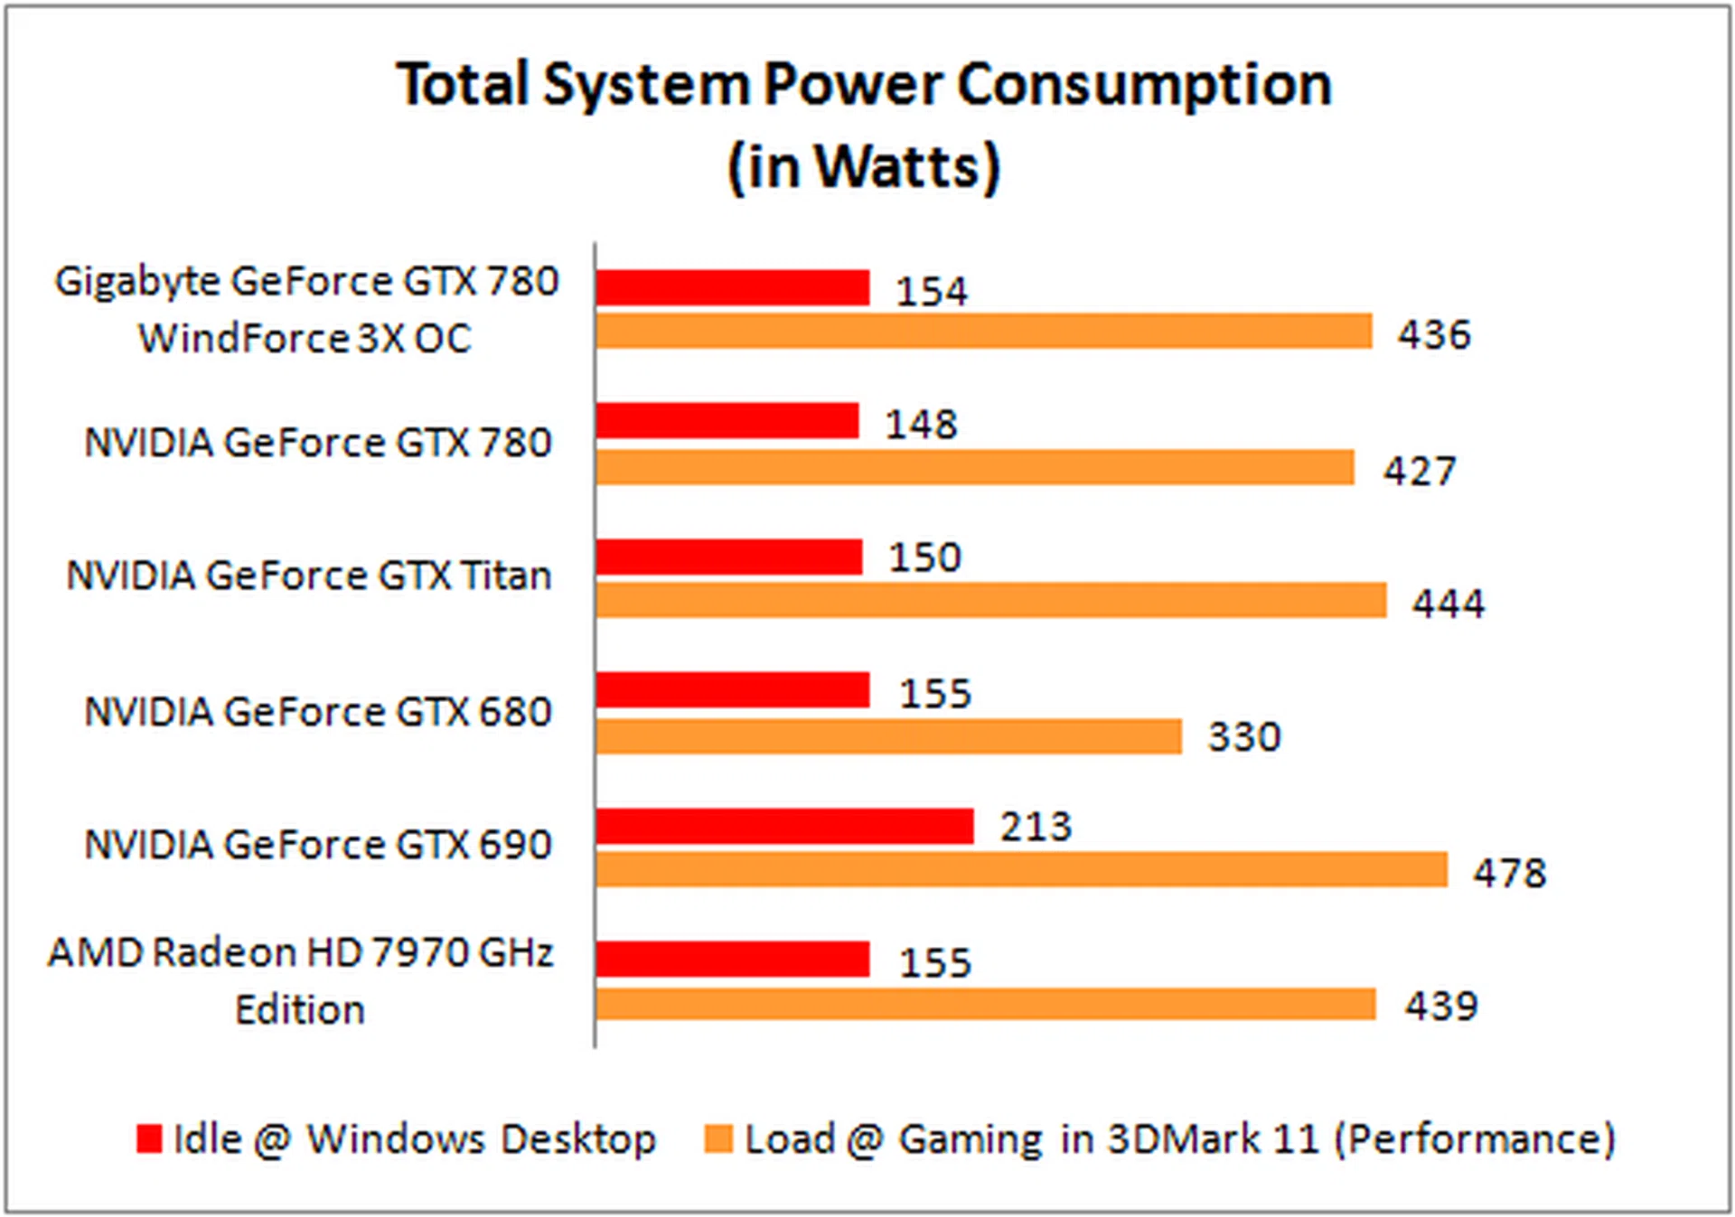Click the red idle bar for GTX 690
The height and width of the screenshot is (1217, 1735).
(784, 826)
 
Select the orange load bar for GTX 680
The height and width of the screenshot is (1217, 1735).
(888, 736)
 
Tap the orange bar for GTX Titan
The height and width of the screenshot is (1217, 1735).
(990, 601)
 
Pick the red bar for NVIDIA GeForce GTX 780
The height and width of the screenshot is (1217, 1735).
(727, 421)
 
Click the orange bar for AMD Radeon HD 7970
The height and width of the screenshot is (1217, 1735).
(985, 1005)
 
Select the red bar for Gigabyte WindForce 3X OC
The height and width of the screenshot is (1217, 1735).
(732, 288)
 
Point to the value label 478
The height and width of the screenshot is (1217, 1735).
(1510, 873)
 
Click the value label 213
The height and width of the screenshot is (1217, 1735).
(1036, 827)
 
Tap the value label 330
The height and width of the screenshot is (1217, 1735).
(1244, 737)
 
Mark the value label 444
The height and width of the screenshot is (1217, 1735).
(1449, 603)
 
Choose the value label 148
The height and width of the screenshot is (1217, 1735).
(921, 424)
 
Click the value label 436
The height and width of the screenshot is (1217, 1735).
(1434, 334)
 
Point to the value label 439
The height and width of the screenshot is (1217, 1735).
(1440, 1006)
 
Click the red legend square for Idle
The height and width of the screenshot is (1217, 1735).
(149, 1138)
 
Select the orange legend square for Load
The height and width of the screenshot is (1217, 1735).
(718, 1138)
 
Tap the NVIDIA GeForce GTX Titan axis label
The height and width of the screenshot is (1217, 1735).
(309, 576)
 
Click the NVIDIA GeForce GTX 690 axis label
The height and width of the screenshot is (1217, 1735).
(317, 845)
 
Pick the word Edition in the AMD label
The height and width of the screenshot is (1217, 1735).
(300, 1009)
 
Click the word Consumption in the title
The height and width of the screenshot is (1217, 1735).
(1144, 86)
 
